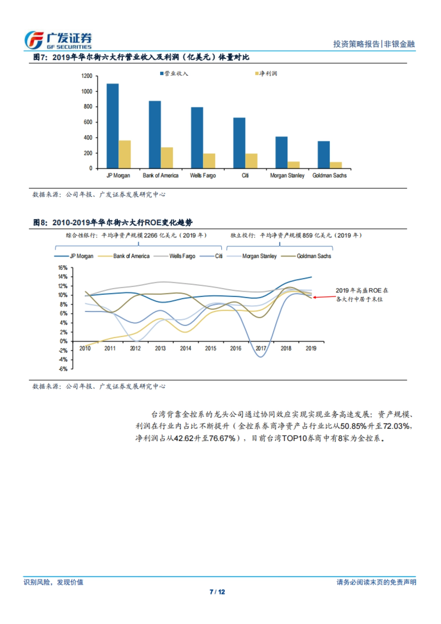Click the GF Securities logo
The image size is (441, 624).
pos(58,40)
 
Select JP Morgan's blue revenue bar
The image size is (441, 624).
pos(112,126)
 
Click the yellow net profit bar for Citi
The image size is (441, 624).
pos(251,161)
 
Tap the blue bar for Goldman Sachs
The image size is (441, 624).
pos(323,154)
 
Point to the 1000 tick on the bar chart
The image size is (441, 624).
pos(87,91)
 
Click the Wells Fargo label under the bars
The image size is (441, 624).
pos(202,176)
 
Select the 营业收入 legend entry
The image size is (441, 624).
pos(174,73)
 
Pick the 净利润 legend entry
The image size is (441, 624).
pos(266,73)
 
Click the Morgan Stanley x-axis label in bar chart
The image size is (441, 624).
pos(287,176)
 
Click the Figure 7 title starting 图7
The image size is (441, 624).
pos(141,57)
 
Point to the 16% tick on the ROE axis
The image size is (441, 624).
pos(63,268)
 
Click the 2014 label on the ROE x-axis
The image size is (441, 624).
pos(185,348)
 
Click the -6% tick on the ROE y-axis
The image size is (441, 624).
pos(63,369)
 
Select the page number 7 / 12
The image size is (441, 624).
pos(217,592)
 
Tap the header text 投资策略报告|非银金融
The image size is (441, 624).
pos(374,44)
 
